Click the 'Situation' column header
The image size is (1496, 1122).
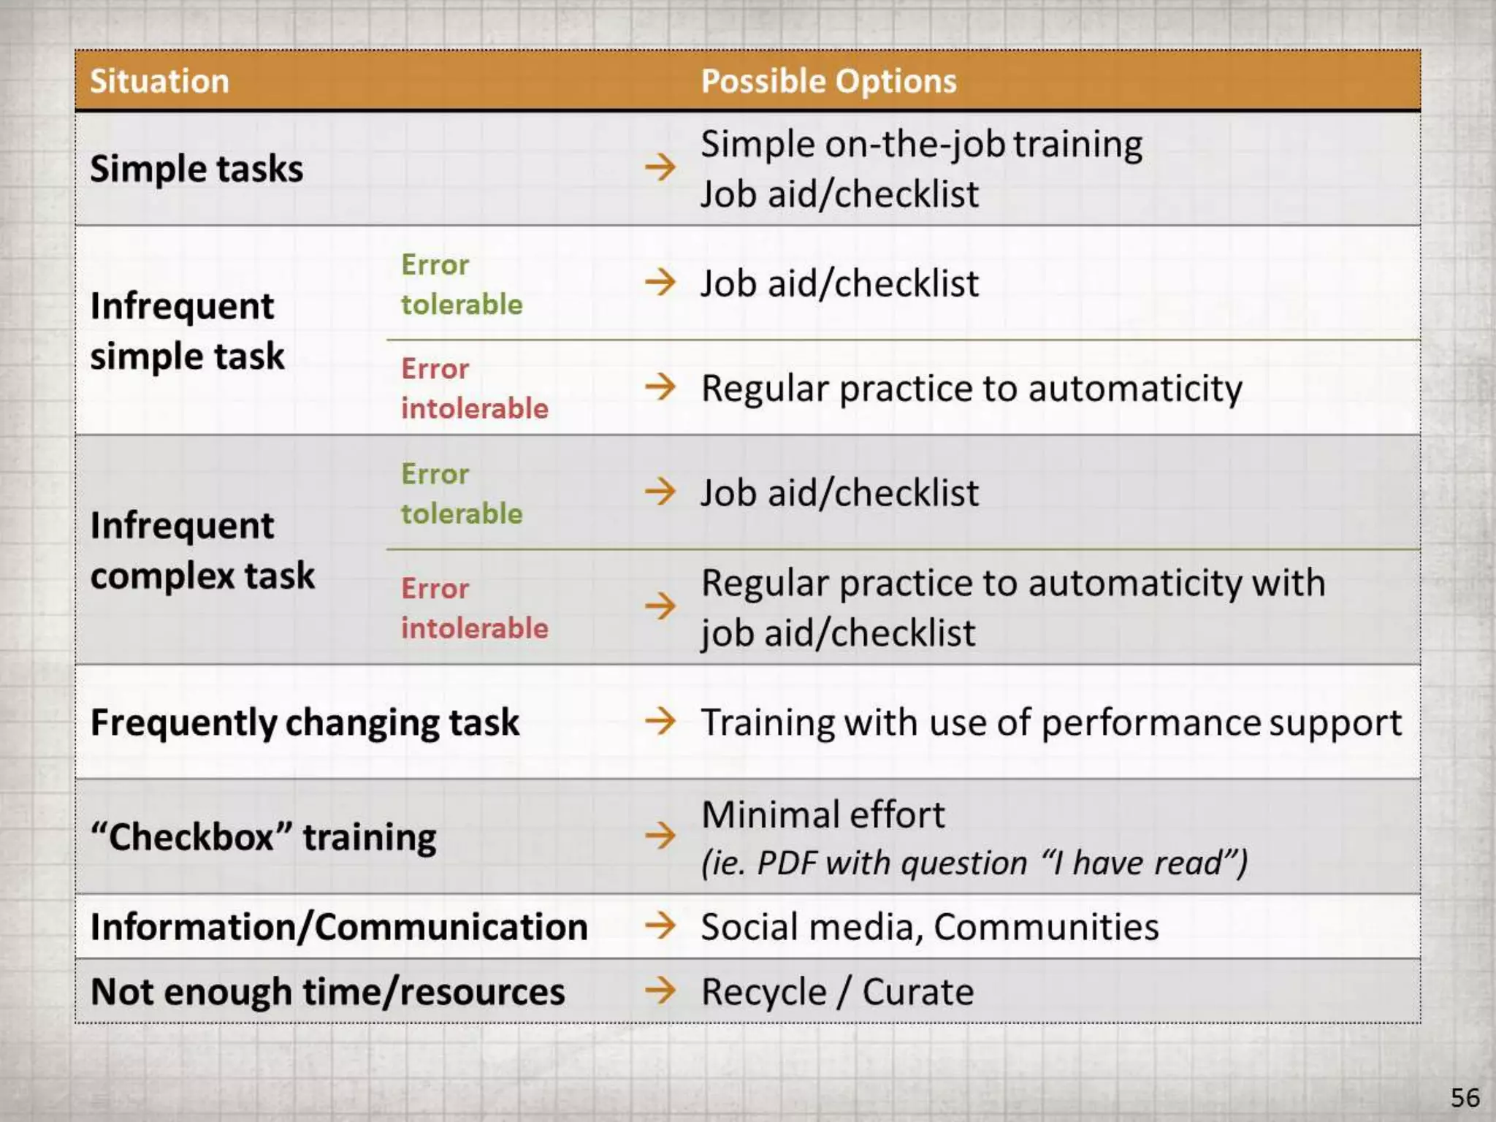point(159,81)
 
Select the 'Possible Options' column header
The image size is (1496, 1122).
point(828,81)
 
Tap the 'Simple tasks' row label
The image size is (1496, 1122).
point(196,169)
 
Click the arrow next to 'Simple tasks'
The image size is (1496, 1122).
point(660,167)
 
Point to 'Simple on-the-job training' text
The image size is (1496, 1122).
point(921,144)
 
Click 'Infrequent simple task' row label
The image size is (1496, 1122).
point(187,331)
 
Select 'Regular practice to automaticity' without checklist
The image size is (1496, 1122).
point(972,388)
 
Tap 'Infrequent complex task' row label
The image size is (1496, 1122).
point(202,550)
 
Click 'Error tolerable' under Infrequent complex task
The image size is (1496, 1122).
point(462,494)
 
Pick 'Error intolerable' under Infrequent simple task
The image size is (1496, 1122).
point(474,389)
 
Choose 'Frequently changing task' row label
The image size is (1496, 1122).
point(305,722)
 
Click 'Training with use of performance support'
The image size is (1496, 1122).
point(1051,722)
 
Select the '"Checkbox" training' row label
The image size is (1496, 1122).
point(263,836)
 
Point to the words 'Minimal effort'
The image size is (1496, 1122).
point(823,814)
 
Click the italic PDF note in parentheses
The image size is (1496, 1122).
point(974,863)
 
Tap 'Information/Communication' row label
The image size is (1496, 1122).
point(339,927)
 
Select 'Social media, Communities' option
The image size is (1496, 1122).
point(929,927)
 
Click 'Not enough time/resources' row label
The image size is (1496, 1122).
point(327,992)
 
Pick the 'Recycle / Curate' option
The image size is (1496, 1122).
point(837,992)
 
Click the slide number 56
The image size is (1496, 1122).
point(1465,1097)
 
